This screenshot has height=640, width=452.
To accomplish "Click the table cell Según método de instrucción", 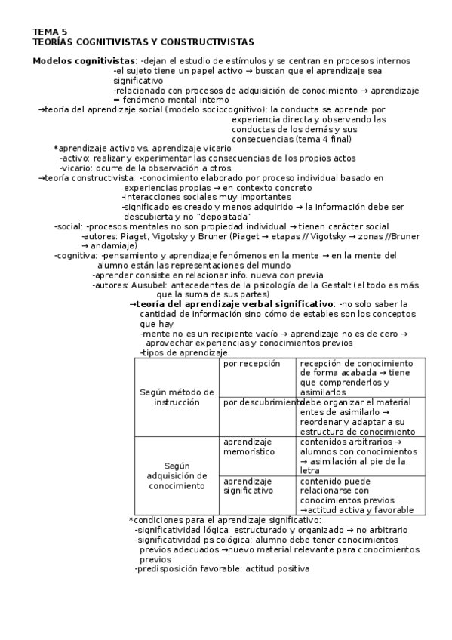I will coord(177,397).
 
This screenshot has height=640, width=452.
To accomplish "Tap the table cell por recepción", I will coord(251,364).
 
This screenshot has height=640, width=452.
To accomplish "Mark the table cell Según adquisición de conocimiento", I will coord(177,475).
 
